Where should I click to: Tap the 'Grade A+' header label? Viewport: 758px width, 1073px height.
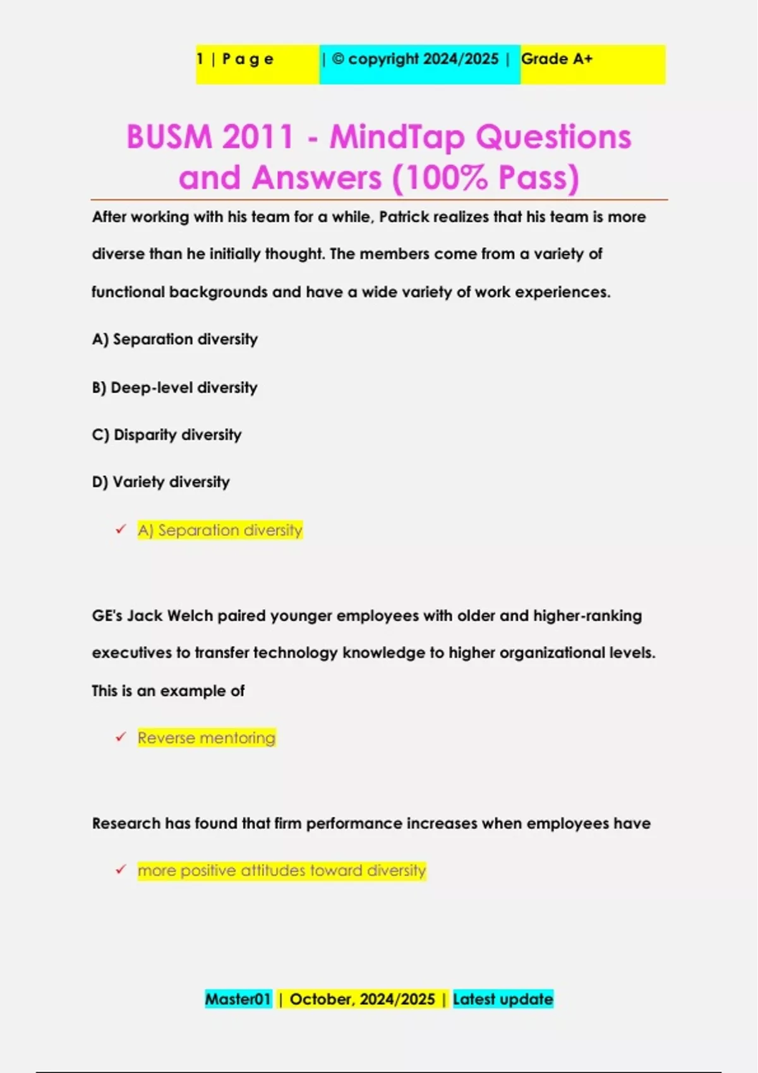click(x=556, y=59)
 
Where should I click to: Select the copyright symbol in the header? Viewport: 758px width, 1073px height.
click(x=338, y=59)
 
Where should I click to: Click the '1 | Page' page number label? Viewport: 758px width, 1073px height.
click(x=235, y=59)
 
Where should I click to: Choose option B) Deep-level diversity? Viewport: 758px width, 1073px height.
click(x=174, y=388)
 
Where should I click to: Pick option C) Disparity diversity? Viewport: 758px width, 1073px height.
click(x=167, y=435)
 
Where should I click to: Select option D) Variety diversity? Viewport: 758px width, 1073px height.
click(x=161, y=482)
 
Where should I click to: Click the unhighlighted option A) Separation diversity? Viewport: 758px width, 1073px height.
click(x=175, y=340)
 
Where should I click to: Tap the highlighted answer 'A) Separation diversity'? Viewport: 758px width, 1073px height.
click(x=220, y=530)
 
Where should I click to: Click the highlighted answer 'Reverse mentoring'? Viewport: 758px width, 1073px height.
click(x=207, y=738)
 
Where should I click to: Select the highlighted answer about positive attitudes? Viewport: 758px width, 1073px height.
click(x=282, y=871)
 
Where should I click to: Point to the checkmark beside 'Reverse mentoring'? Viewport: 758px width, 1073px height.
click(x=121, y=737)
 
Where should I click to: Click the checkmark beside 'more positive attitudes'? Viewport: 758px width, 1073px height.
click(x=121, y=870)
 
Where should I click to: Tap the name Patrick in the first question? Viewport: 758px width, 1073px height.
click(x=404, y=217)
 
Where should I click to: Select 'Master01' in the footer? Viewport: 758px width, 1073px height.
click(x=238, y=999)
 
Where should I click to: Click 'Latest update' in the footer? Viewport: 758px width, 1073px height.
click(x=503, y=999)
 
